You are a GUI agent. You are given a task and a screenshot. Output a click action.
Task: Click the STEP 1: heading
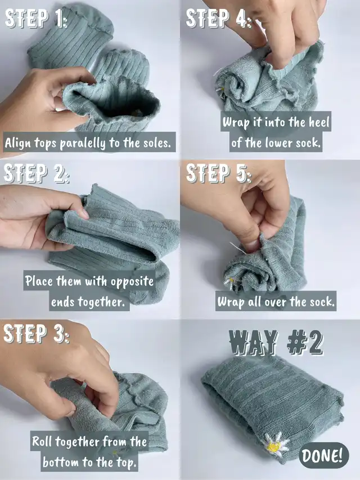[36, 19]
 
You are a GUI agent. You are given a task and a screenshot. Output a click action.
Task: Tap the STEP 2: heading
[36, 173]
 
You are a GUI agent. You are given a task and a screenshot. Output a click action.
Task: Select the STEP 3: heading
[36, 333]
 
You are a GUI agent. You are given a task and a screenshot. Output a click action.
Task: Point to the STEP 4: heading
[219, 19]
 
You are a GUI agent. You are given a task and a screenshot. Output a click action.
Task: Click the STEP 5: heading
[219, 173]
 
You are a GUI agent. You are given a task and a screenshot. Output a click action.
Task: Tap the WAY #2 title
[276, 342]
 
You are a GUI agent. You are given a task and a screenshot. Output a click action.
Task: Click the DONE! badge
[324, 455]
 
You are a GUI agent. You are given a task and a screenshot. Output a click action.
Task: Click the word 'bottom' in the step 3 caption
[61, 462]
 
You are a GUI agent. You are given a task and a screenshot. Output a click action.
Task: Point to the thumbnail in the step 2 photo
[83, 213]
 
